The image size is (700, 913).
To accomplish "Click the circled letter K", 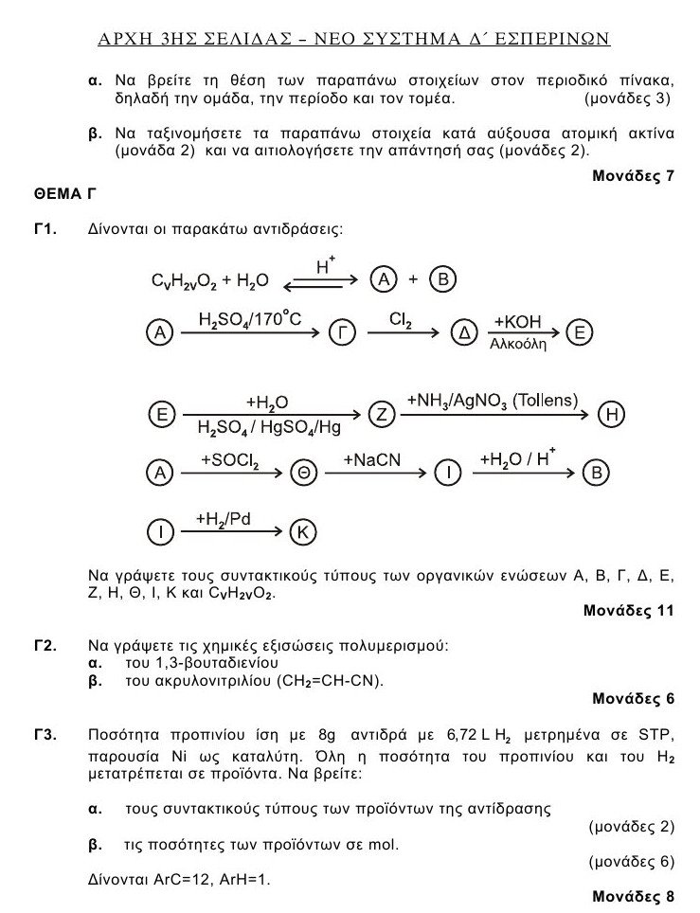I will [301, 532].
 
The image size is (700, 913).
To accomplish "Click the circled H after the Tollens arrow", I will [613, 414].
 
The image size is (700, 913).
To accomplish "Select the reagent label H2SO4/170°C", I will [249, 319].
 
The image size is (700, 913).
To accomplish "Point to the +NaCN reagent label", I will [372, 460].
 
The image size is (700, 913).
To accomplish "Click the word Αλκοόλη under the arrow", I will [518, 345].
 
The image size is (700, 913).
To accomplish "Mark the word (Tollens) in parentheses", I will [541, 401].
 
